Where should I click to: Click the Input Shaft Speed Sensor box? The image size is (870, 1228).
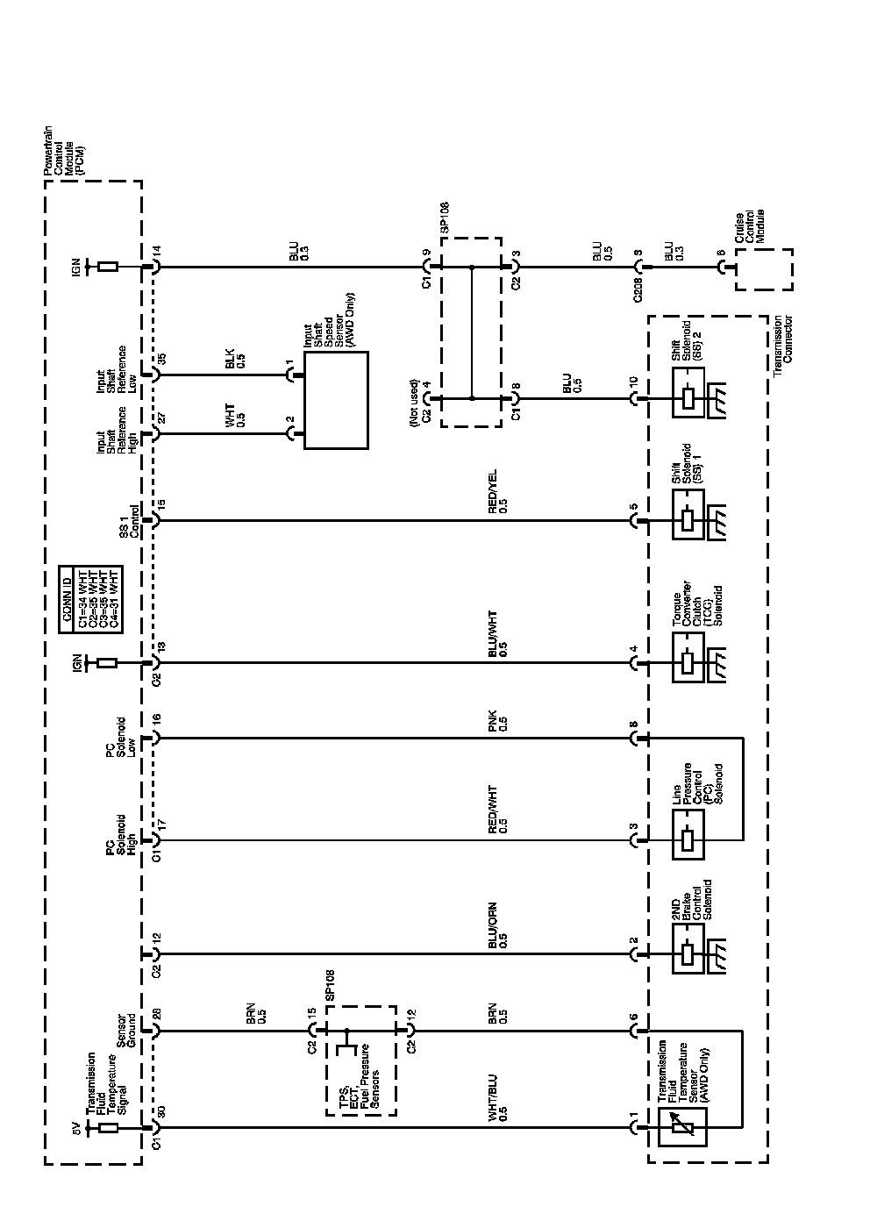336,400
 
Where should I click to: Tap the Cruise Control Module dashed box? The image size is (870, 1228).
764,269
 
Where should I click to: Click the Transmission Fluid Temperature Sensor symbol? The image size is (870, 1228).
683,1126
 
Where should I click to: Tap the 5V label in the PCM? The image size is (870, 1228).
77,1128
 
